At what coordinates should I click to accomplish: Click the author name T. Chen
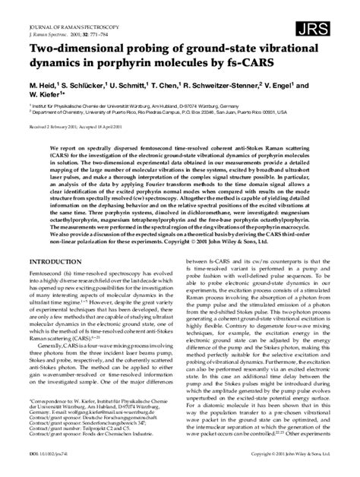tap(188, 86)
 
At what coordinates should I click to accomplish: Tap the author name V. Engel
tap(311, 86)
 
